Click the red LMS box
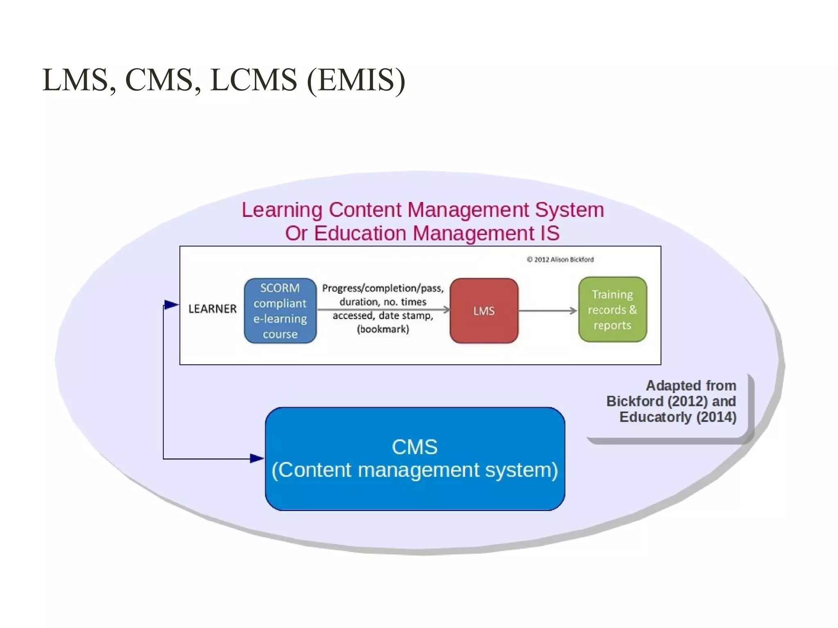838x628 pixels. coord(484,311)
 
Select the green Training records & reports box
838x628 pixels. coord(612,310)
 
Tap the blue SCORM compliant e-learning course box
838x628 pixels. coord(280,311)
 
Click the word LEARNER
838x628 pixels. coord(212,309)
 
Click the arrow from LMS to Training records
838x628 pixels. coord(547,311)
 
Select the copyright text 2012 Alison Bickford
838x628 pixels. coord(560,259)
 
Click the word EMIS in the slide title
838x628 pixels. coord(356,80)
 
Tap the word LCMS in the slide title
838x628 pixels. coord(253,80)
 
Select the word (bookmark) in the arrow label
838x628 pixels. coord(383,329)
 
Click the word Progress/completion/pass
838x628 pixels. coord(383,288)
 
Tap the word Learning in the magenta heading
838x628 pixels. coord(282,210)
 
